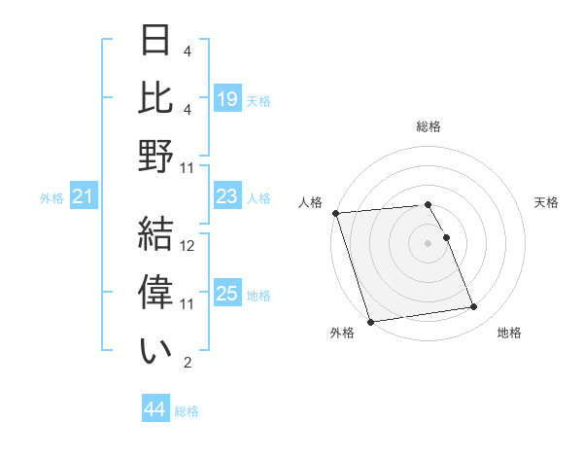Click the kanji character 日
(155, 42)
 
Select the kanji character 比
(155, 97)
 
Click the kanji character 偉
(155, 290)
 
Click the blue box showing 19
(226, 98)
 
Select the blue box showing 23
(226, 197)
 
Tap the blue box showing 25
(226, 295)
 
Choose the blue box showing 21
(83, 198)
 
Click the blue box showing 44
(155, 410)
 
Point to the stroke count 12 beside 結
(189, 246)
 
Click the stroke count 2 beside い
(187, 363)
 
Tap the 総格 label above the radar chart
(429, 126)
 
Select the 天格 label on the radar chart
(546, 202)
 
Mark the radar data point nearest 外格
(370, 322)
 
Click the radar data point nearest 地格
(473, 307)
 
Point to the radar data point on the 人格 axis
(335, 213)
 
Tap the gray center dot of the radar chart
(429, 242)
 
